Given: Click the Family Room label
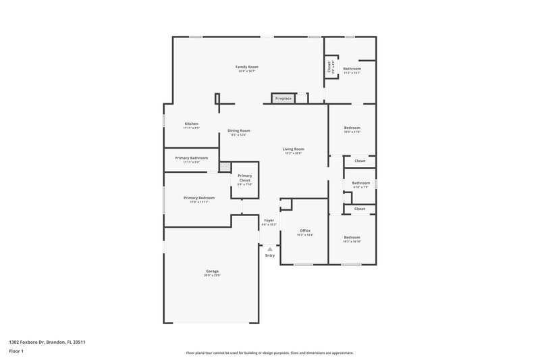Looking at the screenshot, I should point(246,67).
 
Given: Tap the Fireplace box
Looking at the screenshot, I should point(283,99).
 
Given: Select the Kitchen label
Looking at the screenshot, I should point(192,124).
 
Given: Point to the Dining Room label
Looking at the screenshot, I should point(239,130).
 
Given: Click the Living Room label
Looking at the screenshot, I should point(293,149).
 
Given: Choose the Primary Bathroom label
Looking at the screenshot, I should point(192,157).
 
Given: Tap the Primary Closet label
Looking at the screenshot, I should point(244,178).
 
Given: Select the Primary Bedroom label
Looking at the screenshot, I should point(199,197).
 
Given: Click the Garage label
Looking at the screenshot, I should point(212,271).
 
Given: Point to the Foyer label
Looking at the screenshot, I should point(269,220).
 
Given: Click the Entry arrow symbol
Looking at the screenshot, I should point(270,249).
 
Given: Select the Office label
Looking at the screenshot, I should point(305,230).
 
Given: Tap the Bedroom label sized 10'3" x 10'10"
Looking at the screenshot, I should point(352,237).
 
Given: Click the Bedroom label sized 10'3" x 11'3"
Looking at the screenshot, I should point(352,128).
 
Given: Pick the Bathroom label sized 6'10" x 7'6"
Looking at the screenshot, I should point(360,182).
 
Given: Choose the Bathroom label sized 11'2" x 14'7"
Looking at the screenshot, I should point(352,68).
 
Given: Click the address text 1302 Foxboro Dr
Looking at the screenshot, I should point(47,342).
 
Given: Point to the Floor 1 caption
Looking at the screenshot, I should point(17,351).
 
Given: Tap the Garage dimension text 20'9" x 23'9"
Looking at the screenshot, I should point(212,276).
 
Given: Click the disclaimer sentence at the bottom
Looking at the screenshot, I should point(270,353).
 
